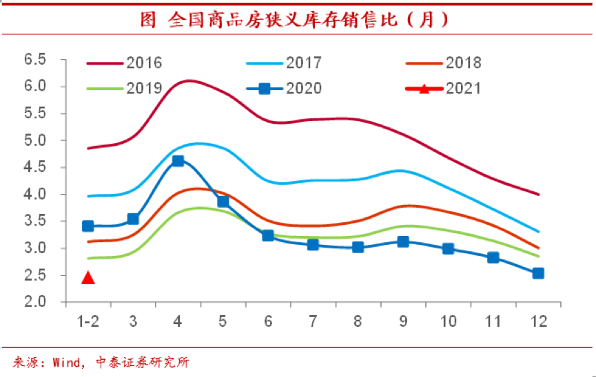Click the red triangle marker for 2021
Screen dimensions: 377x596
[88, 278]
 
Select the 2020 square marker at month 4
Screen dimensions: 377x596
[178, 161]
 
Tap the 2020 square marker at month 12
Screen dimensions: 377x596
[538, 273]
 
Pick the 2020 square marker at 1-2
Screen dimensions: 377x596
[88, 226]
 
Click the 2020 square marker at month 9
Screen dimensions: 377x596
[403, 241]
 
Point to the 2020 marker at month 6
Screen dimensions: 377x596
[268, 235]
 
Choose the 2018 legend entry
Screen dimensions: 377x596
[444, 63]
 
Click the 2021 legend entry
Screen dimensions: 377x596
[444, 87]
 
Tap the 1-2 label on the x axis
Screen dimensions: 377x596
[88, 321]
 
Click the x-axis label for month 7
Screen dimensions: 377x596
[313, 321]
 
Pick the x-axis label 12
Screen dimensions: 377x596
[538, 321]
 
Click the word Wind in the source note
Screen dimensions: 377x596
[66, 363]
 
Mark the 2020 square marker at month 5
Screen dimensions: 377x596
[223, 202]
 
